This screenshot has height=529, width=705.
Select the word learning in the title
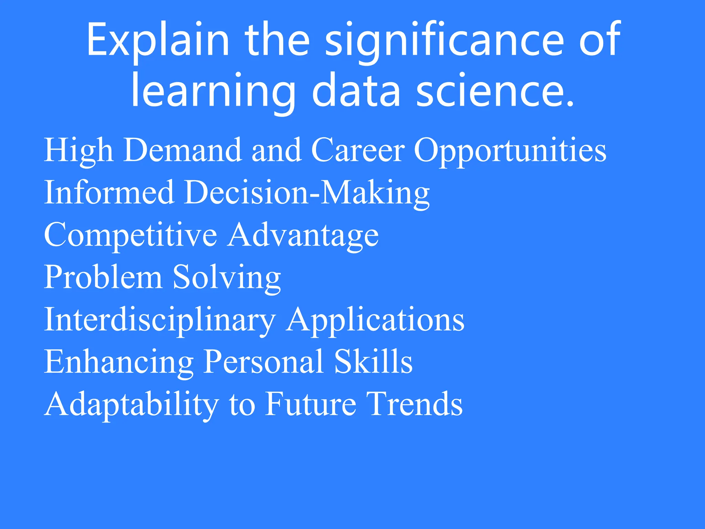pos(213,91)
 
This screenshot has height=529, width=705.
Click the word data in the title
pos(356,91)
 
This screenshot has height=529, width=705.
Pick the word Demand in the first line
pos(182,150)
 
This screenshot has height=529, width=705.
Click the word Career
pos(358,150)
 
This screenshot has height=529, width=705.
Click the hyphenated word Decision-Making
pos(307,193)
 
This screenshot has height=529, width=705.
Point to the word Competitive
pos(130,235)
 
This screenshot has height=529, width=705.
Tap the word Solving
pos(227,278)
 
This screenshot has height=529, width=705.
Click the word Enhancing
pos(119,362)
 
